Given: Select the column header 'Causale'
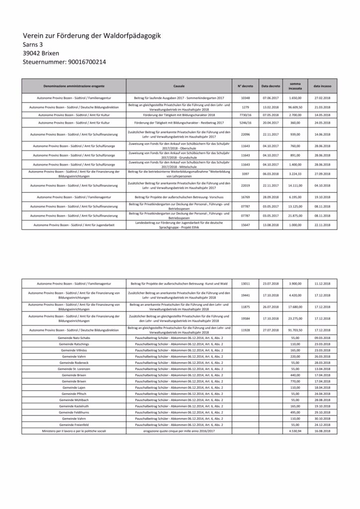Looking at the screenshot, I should (179, 86).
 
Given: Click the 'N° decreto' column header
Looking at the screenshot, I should (245, 86).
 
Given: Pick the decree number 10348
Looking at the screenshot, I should (245, 98).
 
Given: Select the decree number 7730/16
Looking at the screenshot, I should (245, 114).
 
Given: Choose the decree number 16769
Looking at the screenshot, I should (245, 197).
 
